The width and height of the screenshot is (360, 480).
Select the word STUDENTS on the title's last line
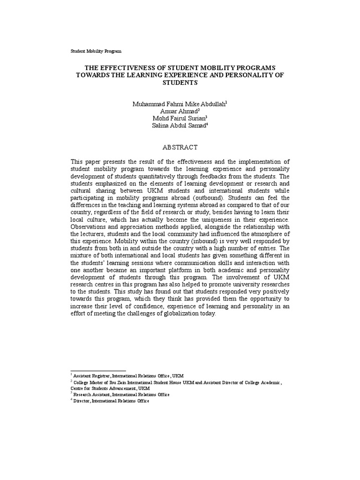tap(180, 82)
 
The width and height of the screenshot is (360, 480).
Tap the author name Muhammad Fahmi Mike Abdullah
tap(179, 103)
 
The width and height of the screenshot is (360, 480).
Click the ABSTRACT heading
tap(180, 147)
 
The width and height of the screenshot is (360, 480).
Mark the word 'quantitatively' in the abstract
tap(166, 176)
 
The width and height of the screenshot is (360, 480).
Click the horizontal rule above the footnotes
tap(98, 371)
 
